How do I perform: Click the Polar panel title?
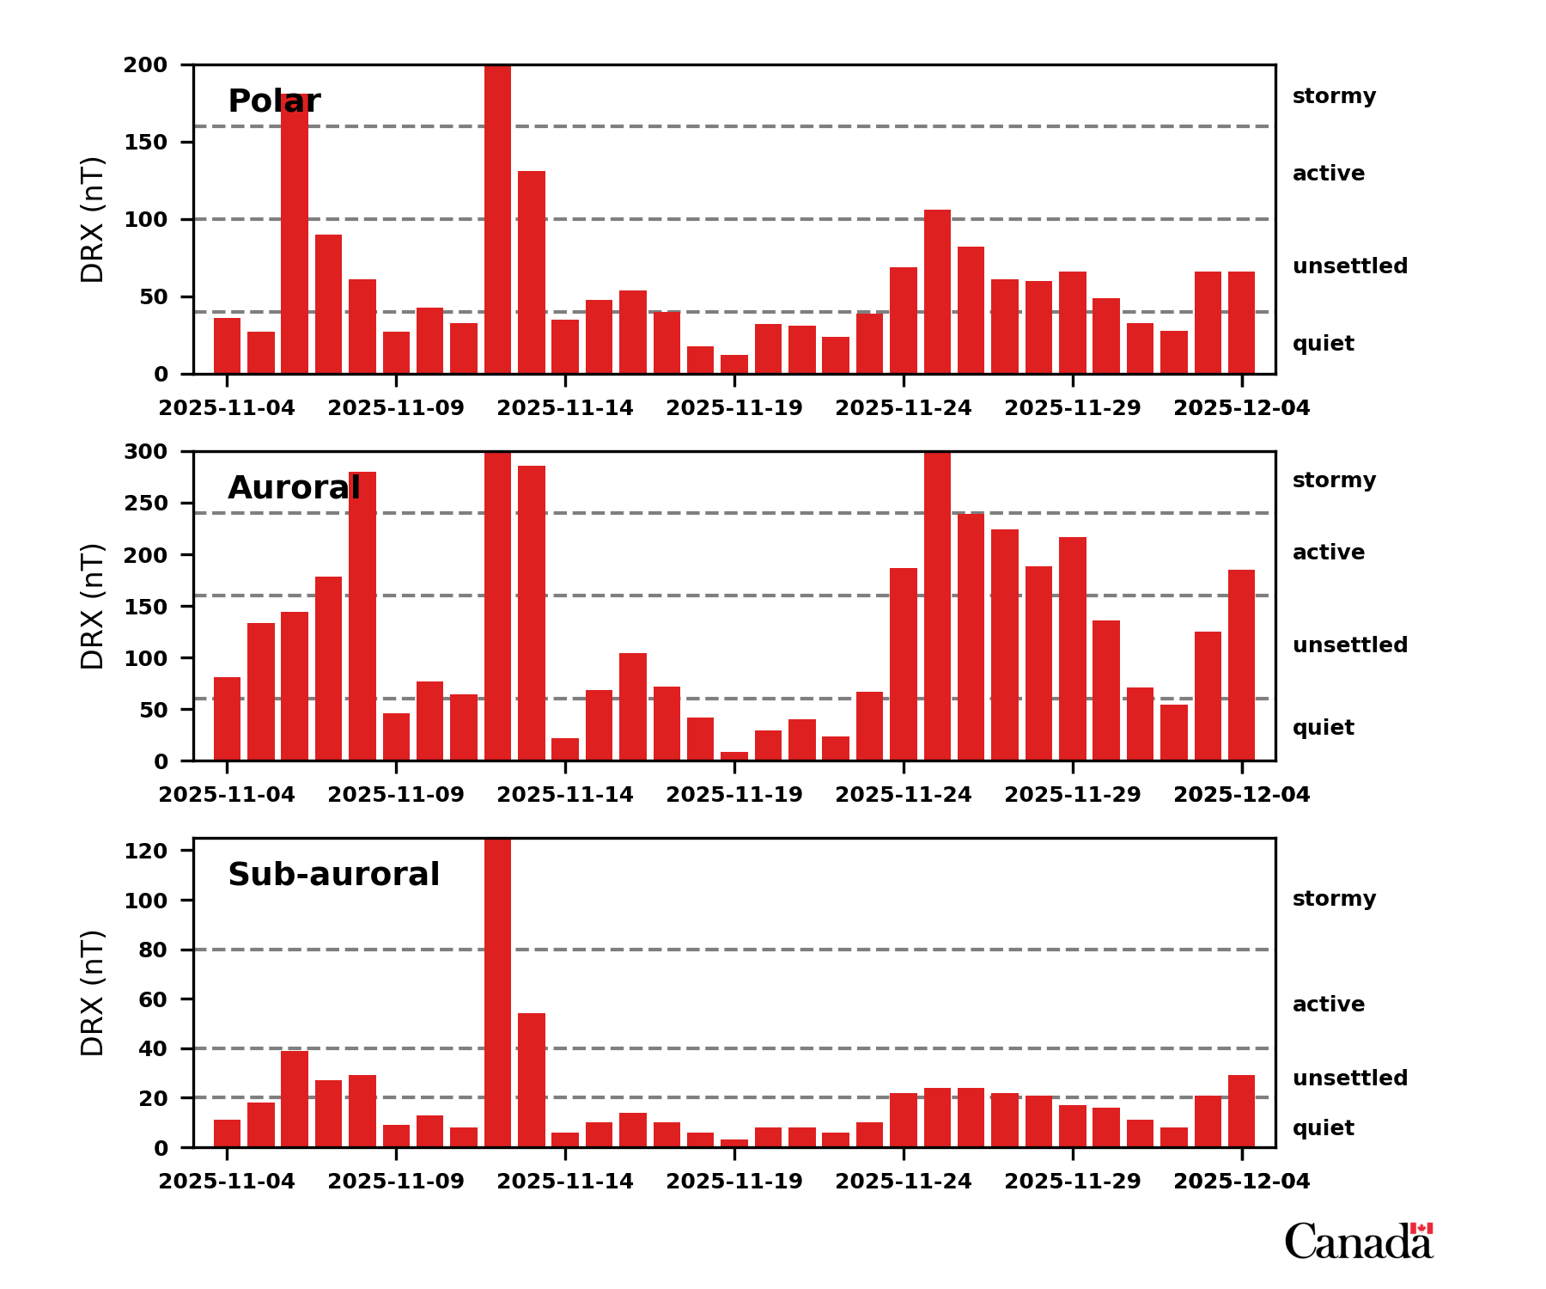pyautogui.click(x=274, y=101)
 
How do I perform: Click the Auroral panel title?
pyautogui.click(x=294, y=488)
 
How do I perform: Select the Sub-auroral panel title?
pyautogui.click(x=333, y=875)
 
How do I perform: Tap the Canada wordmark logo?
pyautogui.click(x=1359, y=1241)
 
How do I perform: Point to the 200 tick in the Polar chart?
pyautogui.click(x=145, y=65)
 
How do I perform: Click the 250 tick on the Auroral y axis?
pyautogui.click(x=145, y=504)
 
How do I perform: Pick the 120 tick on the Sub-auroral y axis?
pyautogui.click(x=145, y=851)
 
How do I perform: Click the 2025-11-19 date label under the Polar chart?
pyautogui.click(x=734, y=408)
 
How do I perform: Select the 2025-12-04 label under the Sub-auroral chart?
pyautogui.click(x=1242, y=1182)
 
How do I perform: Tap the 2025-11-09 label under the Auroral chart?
pyautogui.click(x=396, y=795)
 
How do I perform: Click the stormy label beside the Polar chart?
pyautogui.click(x=1334, y=96)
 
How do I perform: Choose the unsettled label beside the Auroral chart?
pyautogui.click(x=1350, y=645)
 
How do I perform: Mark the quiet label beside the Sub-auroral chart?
pyautogui.click(x=1324, y=1128)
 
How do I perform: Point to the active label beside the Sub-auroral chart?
pyautogui.click(x=1329, y=1005)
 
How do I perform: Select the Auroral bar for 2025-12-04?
pyautogui.click(x=1242, y=665)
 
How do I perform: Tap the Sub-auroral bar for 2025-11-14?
pyautogui.click(x=565, y=1139)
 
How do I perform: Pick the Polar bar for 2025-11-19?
pyautogui.click(x=734, y=364)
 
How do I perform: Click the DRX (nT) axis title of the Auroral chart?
pyautogui.click(x=92, y=607)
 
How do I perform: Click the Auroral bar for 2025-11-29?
pyautogui.click(x=1073, y=649)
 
